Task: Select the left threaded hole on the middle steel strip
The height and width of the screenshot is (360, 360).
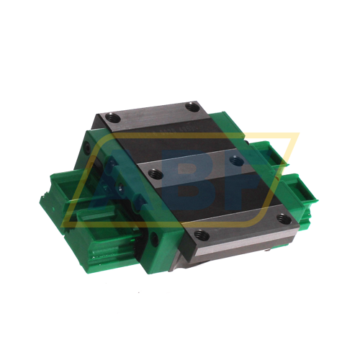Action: tap(153, 172)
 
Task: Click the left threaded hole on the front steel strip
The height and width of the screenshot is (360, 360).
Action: tap(202, 234)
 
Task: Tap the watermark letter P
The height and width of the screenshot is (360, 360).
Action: tap(238, 180)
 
